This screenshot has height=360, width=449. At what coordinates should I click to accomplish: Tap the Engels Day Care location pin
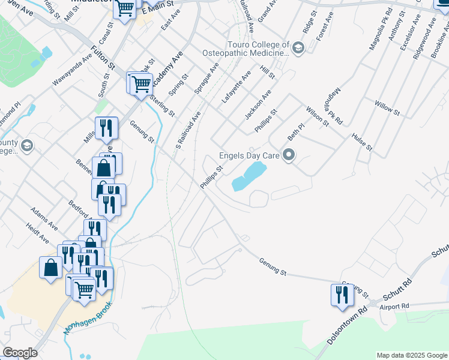click(289, 156)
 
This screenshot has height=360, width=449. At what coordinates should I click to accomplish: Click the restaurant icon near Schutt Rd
click(341, 295)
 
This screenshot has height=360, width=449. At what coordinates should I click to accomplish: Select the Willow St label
click(387, 109)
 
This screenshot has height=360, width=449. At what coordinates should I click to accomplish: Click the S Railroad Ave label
click(187, 130)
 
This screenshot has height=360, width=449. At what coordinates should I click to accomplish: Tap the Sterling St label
click(162, 105)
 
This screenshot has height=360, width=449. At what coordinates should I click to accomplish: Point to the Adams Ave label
click(44, 217)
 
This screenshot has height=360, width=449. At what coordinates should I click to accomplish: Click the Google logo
click(19, 353)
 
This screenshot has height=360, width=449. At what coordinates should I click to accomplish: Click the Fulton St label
click(103, 57)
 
